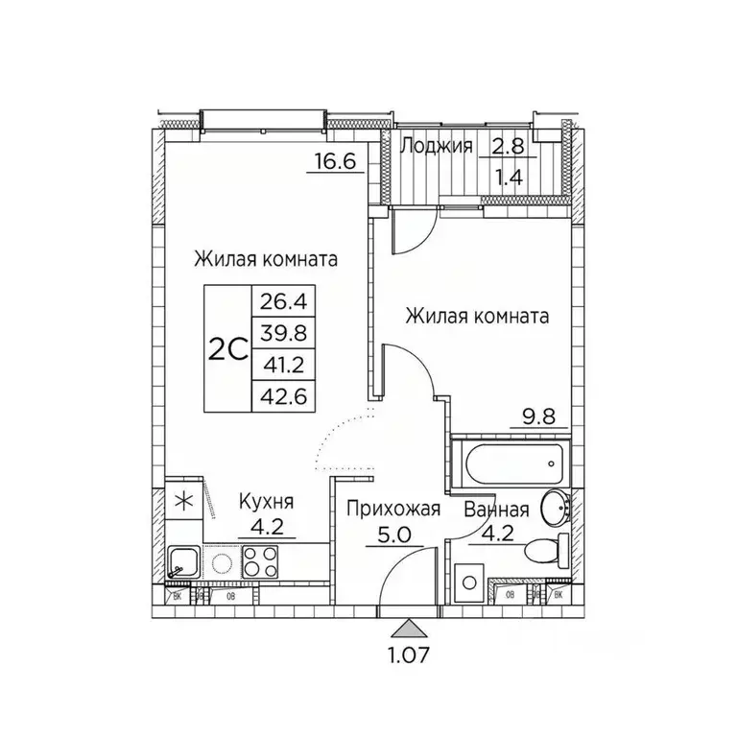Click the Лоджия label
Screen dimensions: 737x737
(x=437, y=146)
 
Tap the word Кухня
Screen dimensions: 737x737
(x=264, y=501)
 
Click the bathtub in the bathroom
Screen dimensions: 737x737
(x=510, y=464)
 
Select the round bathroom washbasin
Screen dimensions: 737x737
(x=555, y=506)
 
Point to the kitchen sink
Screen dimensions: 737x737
(x=182, y=562)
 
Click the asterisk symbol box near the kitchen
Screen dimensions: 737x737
(x=182, y=500)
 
